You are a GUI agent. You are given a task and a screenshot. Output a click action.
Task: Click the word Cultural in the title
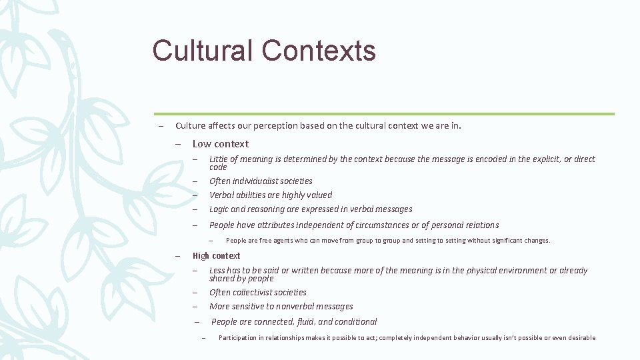(203, 51)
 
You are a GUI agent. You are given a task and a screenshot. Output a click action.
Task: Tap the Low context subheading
(220, 144)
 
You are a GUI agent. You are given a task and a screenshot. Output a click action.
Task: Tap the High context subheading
(216, 256)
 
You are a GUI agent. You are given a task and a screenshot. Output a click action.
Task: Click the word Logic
(220, 209)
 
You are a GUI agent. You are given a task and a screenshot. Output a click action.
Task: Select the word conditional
(353, 322)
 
